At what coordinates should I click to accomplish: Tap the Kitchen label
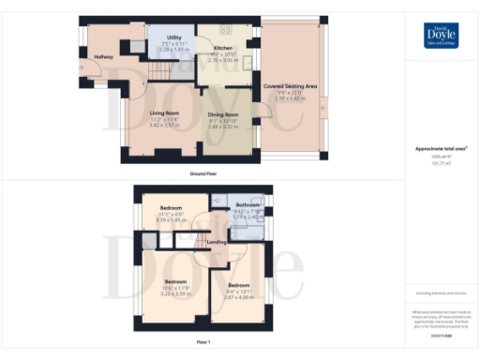pos(223,47)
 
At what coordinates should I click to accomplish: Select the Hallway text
pos(103,57)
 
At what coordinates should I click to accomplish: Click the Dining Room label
pos(223,114)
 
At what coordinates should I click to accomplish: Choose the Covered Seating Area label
pos(290,85)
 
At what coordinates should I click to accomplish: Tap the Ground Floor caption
pos(203,174)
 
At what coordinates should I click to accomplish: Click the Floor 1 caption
pos(203,343)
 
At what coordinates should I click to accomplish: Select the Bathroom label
pos(247,204)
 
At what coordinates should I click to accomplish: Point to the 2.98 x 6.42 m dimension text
pos(290,97)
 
